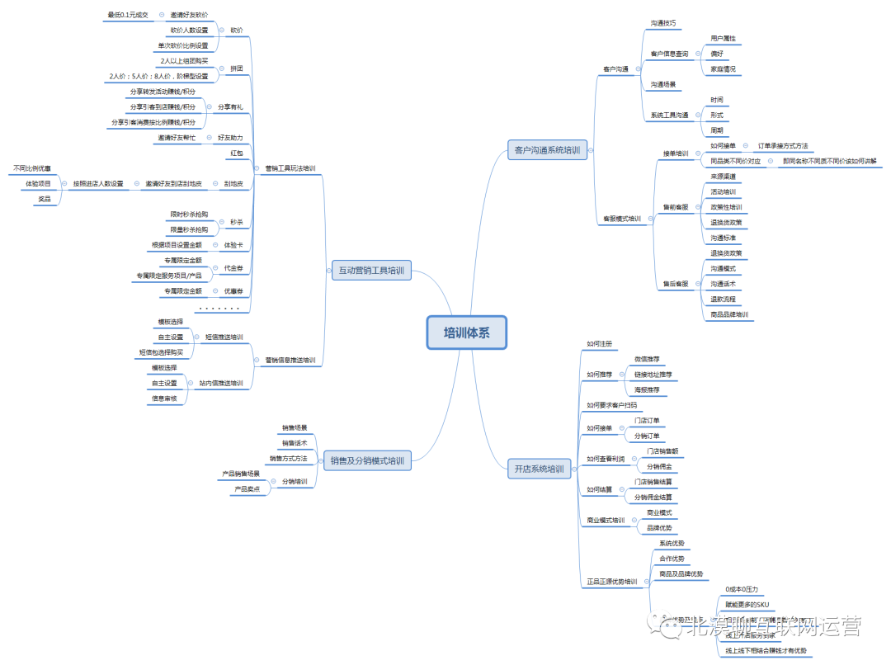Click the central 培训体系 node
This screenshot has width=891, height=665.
click(464, 333)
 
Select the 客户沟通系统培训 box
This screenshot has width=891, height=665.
click(546, 150)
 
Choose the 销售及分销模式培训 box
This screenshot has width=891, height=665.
click(367, 461)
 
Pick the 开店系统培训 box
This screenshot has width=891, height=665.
click(539, 469)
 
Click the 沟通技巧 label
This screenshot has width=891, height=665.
click(662, 23)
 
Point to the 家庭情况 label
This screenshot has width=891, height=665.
click(723, 68)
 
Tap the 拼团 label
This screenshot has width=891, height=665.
click(236, 68)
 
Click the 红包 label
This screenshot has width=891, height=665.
click(236, 153)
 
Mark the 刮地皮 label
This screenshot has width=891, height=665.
click(233, 183)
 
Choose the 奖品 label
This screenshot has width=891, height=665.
click(44, 199)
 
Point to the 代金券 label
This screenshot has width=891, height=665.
click(233, 267)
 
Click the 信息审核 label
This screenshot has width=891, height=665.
click(163, 399)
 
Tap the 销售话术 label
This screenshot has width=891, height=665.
click(294, 443)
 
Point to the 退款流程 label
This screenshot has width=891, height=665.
click(723, 299)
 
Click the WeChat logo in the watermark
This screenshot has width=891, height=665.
click(664, 629)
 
